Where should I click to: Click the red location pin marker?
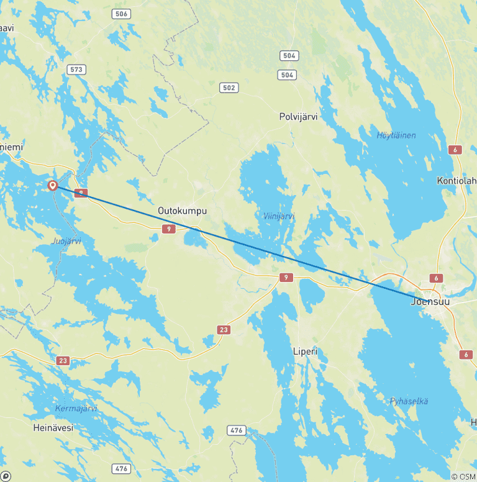53,185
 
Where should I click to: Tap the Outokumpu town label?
182,211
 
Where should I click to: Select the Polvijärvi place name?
298,117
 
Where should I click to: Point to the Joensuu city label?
430,302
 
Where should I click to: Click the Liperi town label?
305,352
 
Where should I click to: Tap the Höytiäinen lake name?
396,135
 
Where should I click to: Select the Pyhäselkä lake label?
409,401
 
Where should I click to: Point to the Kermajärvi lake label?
76,408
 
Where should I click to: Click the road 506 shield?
122,14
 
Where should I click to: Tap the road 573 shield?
77,70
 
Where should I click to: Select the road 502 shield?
229,88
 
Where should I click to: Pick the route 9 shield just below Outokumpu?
170,230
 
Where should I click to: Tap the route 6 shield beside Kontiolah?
455,150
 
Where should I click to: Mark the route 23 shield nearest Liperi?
224,329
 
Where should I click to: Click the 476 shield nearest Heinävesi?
121,468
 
